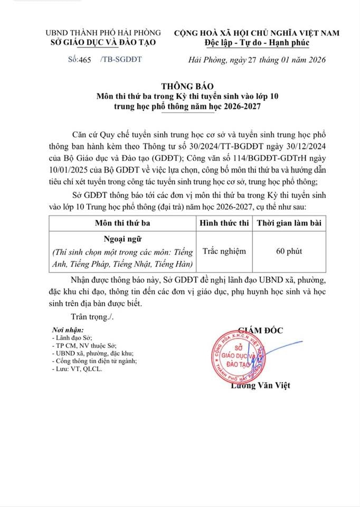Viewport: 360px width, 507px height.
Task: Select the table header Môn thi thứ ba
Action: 121,223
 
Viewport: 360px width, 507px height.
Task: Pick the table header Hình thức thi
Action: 223,223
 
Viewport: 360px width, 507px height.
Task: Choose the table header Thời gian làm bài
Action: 289,223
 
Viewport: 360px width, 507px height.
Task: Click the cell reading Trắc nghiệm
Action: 223,251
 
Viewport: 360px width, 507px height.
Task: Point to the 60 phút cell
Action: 289,251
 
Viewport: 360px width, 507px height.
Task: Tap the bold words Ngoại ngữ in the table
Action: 121,239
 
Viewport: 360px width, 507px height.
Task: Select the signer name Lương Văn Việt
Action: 261,386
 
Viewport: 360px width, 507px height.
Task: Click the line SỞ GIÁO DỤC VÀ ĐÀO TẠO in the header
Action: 100,43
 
